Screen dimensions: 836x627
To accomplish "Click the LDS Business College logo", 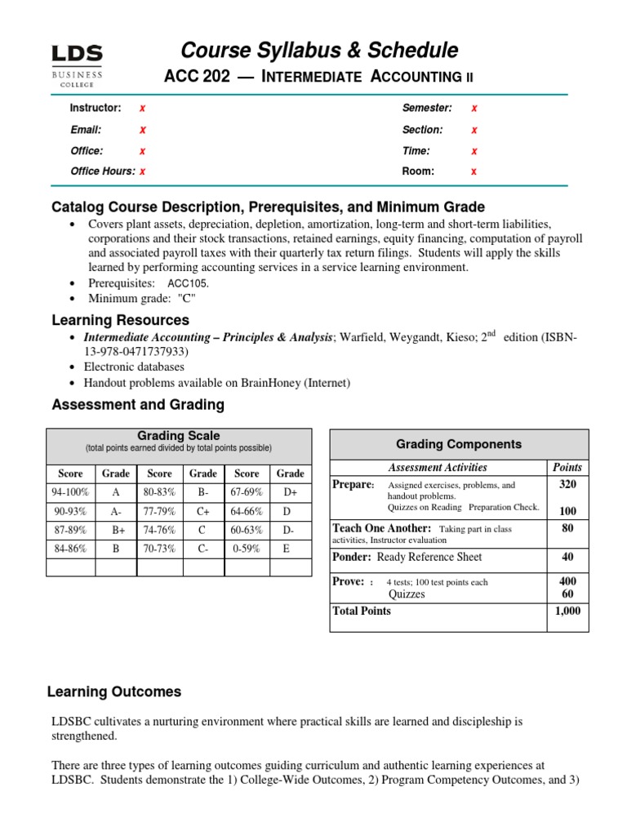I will pyautogui.click(x=78, y=65).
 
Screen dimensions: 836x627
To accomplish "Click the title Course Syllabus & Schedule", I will pyautogui.click(x=319, y=51).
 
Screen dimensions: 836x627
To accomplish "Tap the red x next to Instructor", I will pyautogui.click(x=143, y=109).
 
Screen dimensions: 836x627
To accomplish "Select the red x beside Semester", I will pyautogui.click(x=474, y=109).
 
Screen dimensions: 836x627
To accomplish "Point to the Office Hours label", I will pyautogui.click(x=102, y=171).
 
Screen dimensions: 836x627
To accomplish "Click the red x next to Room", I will pyautogui.click(x=474, y=171).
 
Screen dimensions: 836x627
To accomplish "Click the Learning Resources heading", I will pyautogui.click(x=120, y=320).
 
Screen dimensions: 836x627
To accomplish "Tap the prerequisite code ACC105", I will pyautogui.click(x=189, y=283).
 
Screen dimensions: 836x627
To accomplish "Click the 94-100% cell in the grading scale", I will pyautogui.click(x=71, y=492).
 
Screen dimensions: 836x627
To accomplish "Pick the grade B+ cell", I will pyautogui.click(x=115, y=529).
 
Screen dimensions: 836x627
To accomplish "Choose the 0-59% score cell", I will pyautogui.click(x=247, y=549).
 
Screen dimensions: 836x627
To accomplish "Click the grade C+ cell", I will pyautogui.click(x=203, y=511).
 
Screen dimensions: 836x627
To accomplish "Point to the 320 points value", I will pyautogui.click(x=567, y=484).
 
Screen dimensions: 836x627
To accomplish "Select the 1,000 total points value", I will pyautogui.click(x=567, y=611).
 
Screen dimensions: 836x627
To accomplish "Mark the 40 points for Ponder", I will pyautogui.click(x=567, y=557).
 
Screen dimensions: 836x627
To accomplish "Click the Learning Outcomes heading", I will pyautogui.click(x=114, y=691).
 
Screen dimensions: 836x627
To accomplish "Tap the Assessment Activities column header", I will pyautogui.click(x=437, y=468).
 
